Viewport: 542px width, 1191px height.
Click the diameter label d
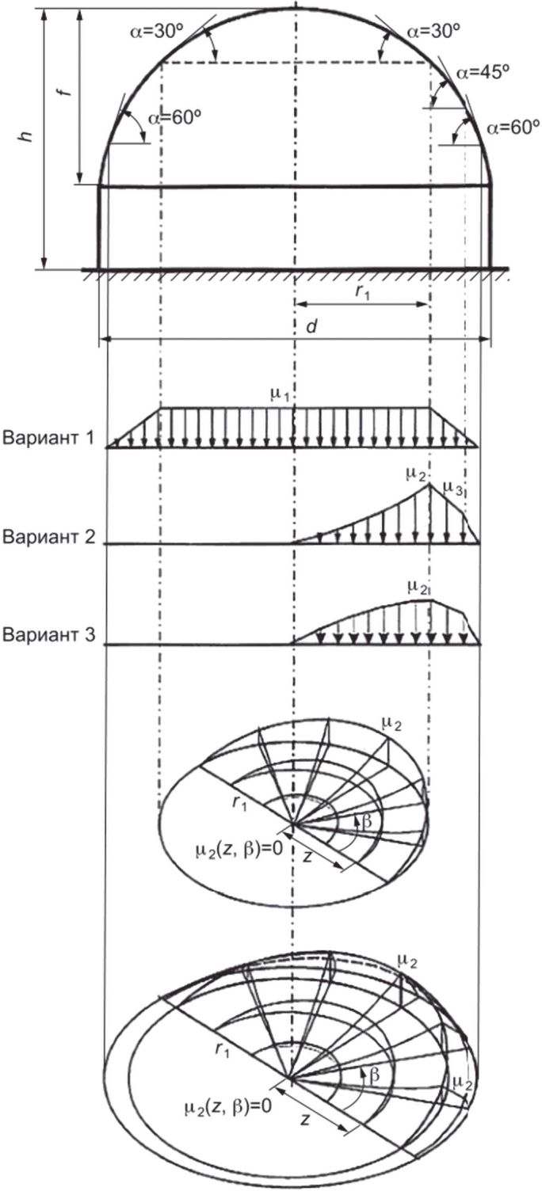[x=311, y=325]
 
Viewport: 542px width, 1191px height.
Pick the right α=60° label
[x=513, y=127]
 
